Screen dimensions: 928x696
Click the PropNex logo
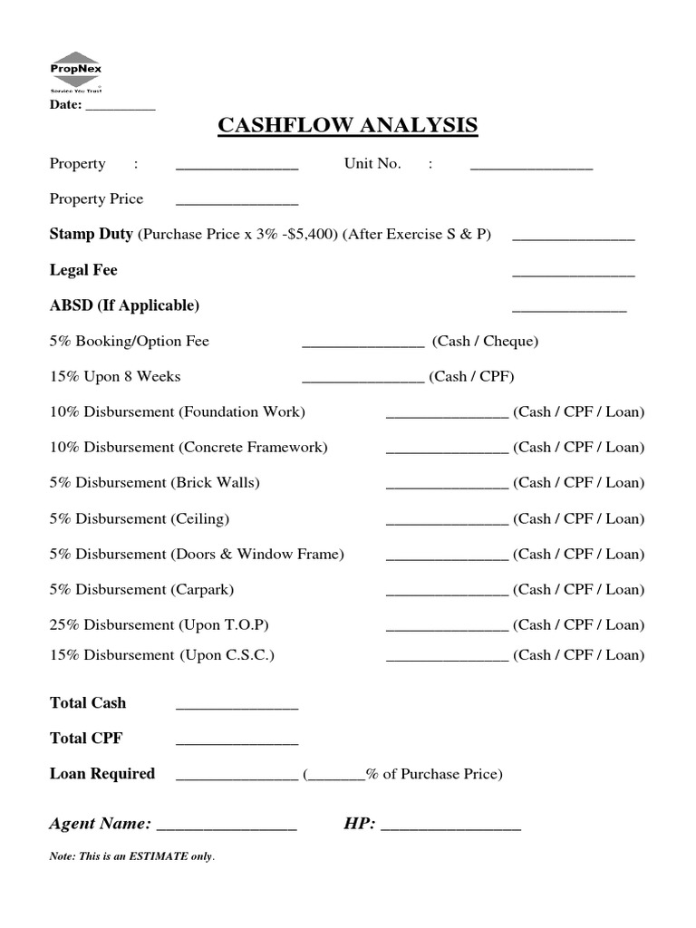pyautogui.click(x=75, y=72)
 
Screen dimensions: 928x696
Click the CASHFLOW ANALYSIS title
pyautogui.click(x=347, y=125)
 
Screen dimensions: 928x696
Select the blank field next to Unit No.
pyautogui.click(x=531, y=168)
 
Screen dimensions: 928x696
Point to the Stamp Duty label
pyautogui.click(x=92, y=234)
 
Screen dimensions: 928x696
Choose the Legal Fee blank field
pyautogui.click(x=573, y=274)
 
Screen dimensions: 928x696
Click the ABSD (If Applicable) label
pyautogui.click(x=124, y=305)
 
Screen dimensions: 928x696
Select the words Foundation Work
pyautogui.click(x=243, y=411)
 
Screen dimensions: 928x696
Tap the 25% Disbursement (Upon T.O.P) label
pyautogui.click(x=159, y=624)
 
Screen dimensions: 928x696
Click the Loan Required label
pyautogui.click(x=102, y=774)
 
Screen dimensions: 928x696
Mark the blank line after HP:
pyautogui.click(x=450, y=828)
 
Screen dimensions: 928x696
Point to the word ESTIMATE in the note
pyautogui.click(x=163, y=856)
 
